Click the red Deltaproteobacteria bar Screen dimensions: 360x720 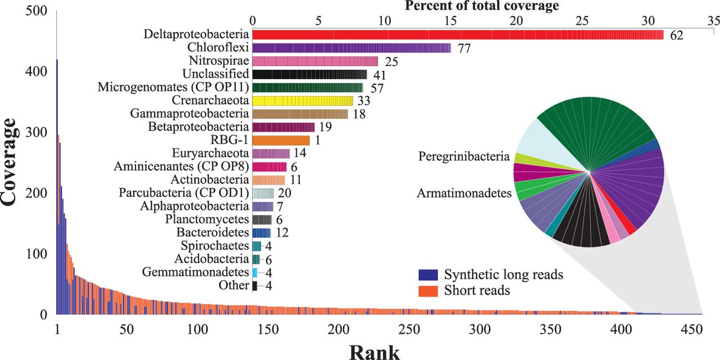click(458, 35)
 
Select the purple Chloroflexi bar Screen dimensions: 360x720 click(352, 48)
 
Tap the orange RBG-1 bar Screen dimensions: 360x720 click(281, 139)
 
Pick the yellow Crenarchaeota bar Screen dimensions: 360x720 click(303, 101)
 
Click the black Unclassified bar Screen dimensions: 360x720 click(309, 74)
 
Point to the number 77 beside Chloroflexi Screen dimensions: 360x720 click(463, 48)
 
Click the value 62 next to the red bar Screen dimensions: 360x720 click(676, 36)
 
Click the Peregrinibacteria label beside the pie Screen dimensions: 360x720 click(463, 156)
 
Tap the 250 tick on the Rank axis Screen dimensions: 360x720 click(409, 328)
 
